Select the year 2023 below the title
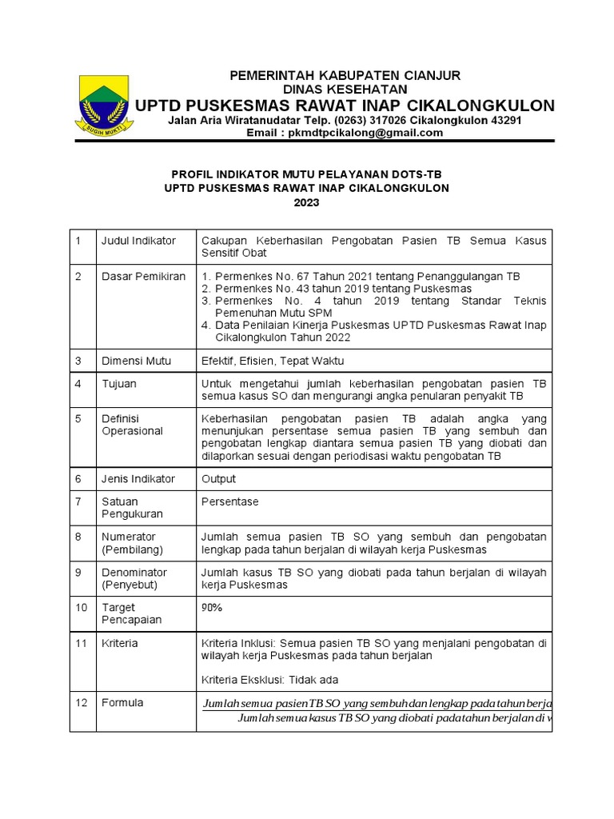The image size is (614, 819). pyautogui.click(x=306, y=202)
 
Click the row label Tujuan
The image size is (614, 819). pyautogui.click(x=118, y=384)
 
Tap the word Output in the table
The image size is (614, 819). pyautogui.click(x=219, y=478)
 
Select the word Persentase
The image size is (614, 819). pyautogui.click(x=230, y=501)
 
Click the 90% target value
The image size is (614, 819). pyautogui.click(x=212, y=608)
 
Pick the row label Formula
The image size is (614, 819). pyautogui.click(x=122, y=702)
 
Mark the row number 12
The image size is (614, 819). pyautogui.click(x=81, y=702)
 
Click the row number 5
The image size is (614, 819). pyautogui.click(x=78, y=418)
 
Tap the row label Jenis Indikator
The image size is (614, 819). pyautogui.click(x=138, y=478)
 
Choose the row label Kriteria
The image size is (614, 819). pyautogui.click(x=119, y=643)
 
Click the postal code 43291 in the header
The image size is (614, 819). pyautogui.click(x=501, y=120)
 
